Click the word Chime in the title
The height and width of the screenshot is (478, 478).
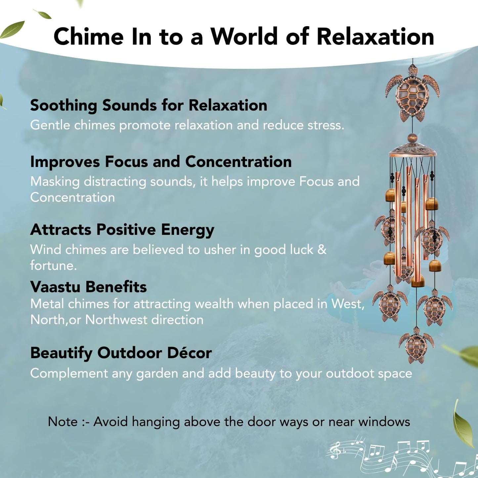tap(89, 36)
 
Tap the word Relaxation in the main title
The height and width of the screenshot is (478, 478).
tap(375, 36)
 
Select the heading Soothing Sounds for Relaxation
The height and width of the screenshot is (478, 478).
tap(149, 106)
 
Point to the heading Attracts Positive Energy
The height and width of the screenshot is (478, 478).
tap(122, 230)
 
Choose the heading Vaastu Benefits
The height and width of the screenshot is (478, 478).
tap(88, 287)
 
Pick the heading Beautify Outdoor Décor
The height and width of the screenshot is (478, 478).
tap(121, 353)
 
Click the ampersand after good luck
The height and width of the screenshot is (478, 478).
tap(322, 250)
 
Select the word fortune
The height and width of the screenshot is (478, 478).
tap(53, 266)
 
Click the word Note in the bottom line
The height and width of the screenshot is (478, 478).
tap(63, 422)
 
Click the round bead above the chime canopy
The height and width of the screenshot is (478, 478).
tap(412, 138)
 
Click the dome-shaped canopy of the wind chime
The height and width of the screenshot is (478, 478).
tap(412, 150)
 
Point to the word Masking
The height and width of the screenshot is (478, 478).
tap(55, 182)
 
